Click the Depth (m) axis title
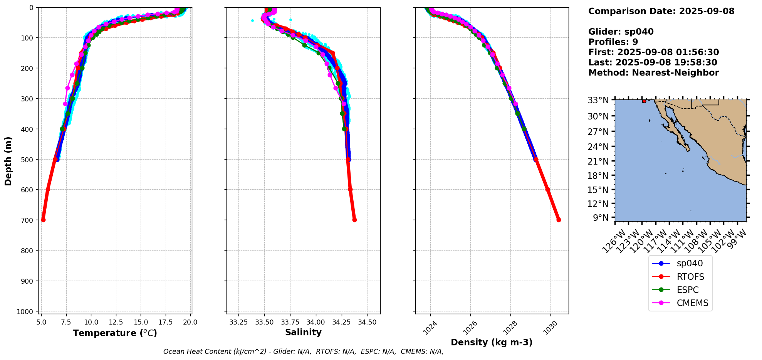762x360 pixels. point(8,161)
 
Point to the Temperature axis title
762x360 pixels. point(115,333)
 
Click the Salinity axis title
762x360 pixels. point(303,332)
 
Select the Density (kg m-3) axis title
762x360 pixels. point(492,342)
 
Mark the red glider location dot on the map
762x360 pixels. point(644,101)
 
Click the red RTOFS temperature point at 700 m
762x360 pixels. point(43,220)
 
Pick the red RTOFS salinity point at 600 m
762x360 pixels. point(350,189)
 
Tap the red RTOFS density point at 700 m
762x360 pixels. point(559,220)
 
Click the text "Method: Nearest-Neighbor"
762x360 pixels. point(653,73)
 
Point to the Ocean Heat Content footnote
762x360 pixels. point(303,352)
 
